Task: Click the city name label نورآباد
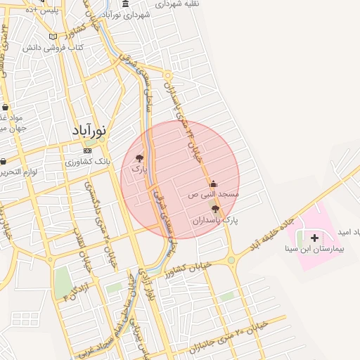[89, 130]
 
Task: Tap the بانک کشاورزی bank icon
[87, 150]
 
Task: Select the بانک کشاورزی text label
[81, 162]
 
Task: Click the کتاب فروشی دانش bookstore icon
[53, 37]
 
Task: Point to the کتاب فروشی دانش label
[60, 48]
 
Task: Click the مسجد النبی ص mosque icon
[213, 184]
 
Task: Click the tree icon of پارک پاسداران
[215, 209]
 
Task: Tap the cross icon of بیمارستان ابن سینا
[314, 238]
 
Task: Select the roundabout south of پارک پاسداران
[231, 260]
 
